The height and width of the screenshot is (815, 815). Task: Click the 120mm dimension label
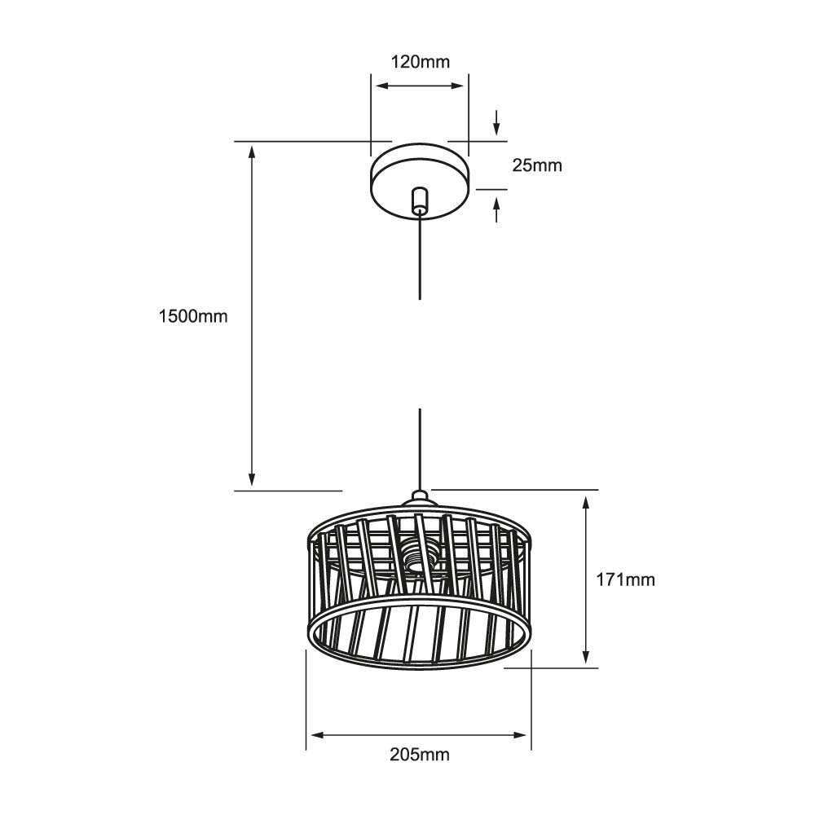pyautogui.click(x=419, y=61)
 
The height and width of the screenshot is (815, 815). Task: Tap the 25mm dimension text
pyautogui.click(x=537, y=165)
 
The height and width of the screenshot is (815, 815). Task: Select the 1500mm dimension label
pyautogui.click(x=193, y=316)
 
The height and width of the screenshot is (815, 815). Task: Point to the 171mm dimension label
pyautogui.click(x=625, y=579)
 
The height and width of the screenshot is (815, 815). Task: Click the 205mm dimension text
pyautogui.click(x=419, y=755)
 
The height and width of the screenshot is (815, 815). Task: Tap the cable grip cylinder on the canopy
pyautogui.click(x=419, y=200)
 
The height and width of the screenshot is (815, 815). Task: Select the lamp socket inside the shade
pyautogui.click(x=417, y=559)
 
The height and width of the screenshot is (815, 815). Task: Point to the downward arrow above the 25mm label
pyautogui.click(x=496, y=127)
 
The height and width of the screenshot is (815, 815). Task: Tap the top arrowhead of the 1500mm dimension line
pyautogui.click(x=253, y=150)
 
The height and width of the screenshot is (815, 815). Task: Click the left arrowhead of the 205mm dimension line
pyautogui.click(x=315, y=735)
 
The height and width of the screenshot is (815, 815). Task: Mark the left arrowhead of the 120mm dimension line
pyautogui.click(x=379, y=85)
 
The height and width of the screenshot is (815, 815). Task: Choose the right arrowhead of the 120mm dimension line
pyautogui.click(x=460, y=85)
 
